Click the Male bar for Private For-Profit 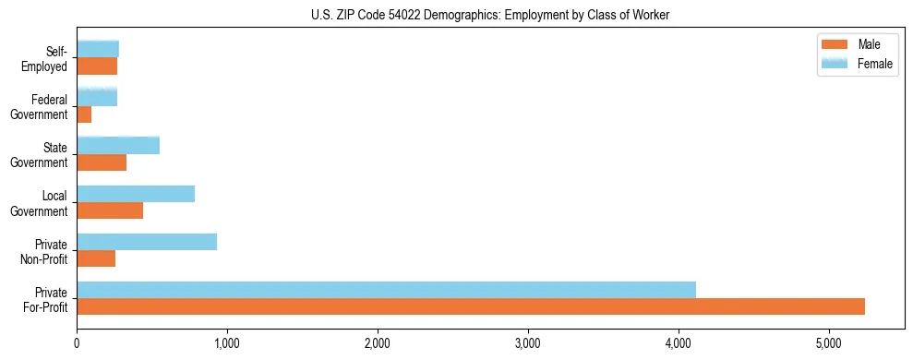(471, 306)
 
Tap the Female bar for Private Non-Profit (147, 242)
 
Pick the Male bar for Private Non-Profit (96, 258)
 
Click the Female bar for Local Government (136, 194)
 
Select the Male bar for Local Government (110, 210)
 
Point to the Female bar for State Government (118, 145)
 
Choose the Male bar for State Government (102, 162)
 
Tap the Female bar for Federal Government (97, 97)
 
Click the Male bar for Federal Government (84, 114)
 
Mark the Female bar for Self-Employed (98, 49)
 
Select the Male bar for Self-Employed (97, 66)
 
